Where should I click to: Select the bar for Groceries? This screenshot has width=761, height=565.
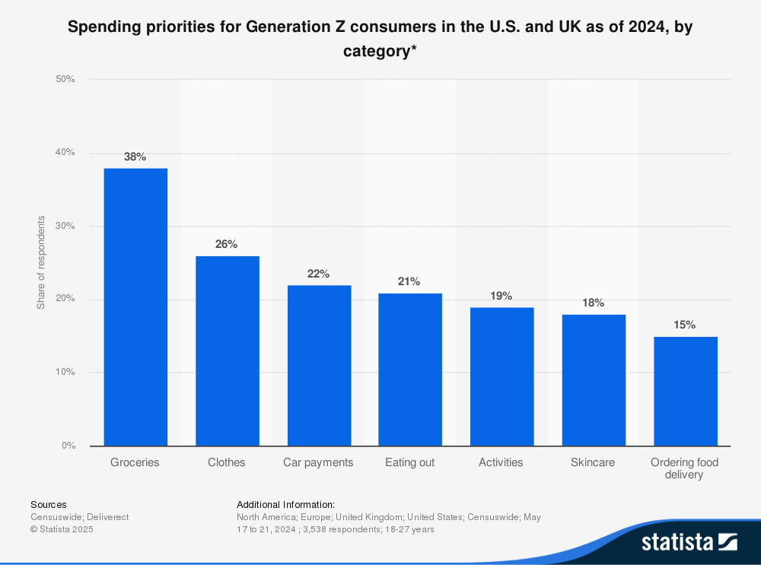pyautogui.click(x=135, y=306)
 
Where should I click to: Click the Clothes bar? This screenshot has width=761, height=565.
pyautogui.click(x=227, y=351)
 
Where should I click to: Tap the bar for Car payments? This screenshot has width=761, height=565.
pyautogui.click(x=319, y=365)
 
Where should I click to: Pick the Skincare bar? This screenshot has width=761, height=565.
pyautogui.click(x=594, y=380)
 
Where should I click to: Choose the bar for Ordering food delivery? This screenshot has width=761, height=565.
pyautogui.click(x=685, y=391)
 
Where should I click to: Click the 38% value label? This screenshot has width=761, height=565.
pyautogui.click(x=135, y=157)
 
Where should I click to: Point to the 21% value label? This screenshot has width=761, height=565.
pyautogui.click(x=409, y=281)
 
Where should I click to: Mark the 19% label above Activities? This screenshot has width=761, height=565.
pyautogui.click(x=501, y=296)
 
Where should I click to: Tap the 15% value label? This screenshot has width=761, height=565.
pyautogui.click(x=685, y=325)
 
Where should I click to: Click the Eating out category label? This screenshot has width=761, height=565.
pyautogui.click(x=409, y=462)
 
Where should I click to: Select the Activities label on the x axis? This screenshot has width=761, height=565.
pyautogui.click(x=501, y=462)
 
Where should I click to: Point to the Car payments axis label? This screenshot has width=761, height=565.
pyautogui.click(x=318, y=462)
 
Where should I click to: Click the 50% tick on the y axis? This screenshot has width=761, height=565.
pyautogui.click(x=65, y=79)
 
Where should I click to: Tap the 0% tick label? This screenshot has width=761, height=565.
pyautogui.click(x=68, y=446)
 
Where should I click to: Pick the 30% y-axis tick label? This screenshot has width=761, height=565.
pyautogui.click(x=65, y=226)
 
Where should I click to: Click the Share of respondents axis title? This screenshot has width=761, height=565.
pyautogui.click(x=41, y=262)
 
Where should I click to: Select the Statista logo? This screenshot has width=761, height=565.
pyautogui.click(x=689, y=542)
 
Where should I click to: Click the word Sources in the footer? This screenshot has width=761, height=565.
pyautogui.click(x=49, y=504)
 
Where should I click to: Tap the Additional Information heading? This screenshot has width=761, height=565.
pyautogui.click(x=285, y=504)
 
